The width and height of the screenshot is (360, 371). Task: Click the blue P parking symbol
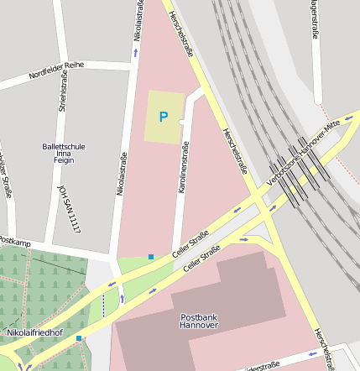[x=164, y=117]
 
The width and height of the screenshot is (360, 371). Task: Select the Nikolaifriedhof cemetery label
[x=34, y=332]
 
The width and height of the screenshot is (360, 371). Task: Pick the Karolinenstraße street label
[x=184, y=168]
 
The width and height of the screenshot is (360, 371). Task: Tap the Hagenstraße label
[x=316, y=20]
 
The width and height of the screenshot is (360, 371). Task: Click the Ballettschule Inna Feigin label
[x=64, y=154]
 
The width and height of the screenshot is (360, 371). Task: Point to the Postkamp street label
[x=15, y=243]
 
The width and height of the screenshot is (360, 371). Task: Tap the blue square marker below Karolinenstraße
[x=151, y=256]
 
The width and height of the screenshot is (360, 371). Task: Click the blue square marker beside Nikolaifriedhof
[x=79, y=338]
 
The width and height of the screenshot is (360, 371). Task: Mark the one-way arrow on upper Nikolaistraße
[x=136, y=53]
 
